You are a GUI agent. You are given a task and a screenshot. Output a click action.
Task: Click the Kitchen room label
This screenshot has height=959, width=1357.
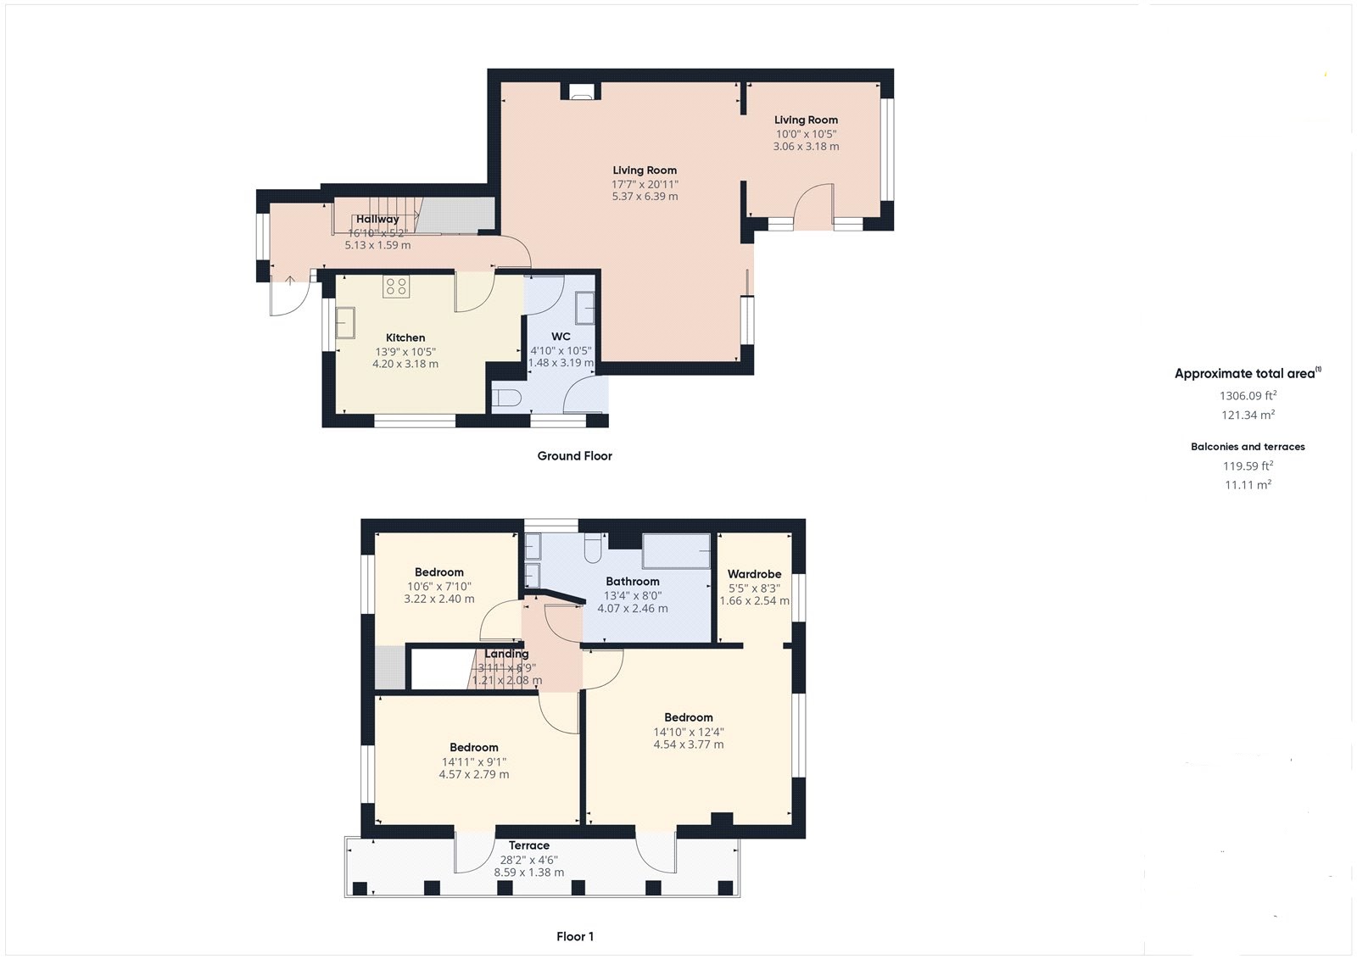[x=405, y=337]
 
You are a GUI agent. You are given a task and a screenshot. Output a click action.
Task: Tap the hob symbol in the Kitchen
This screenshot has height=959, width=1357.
[x=395, y=287]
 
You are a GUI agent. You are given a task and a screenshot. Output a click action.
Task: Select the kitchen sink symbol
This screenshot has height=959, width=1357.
[x=345, y=323]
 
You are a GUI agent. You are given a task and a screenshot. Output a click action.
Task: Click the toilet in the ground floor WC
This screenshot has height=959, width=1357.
[x=506, y=398]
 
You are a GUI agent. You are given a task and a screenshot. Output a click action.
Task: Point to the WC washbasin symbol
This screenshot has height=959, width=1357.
[x=585, y=307]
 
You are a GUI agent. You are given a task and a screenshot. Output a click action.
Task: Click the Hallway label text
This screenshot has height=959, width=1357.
[x=377, y=219]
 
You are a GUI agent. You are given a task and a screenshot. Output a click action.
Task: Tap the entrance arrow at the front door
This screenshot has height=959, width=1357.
[x=290, y=281]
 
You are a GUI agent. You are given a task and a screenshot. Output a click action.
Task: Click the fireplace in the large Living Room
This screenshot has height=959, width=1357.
[x=582, y=93]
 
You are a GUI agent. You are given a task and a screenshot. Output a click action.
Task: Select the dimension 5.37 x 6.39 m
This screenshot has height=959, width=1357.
[x=645, y=197]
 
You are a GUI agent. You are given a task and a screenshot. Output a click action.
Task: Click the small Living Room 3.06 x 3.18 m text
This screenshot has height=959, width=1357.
[x=806, y=147]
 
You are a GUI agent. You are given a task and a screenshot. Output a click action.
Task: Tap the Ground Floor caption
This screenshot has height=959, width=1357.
[x=574, y=456]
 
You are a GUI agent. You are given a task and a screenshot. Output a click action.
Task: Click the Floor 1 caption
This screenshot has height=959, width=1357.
[x=575, y=937]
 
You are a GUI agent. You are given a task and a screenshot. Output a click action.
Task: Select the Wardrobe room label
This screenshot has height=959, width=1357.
[x=754, y=574]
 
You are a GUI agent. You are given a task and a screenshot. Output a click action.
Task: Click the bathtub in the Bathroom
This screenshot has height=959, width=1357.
[x=676, y=551]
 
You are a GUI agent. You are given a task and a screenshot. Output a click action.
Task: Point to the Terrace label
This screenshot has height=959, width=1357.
[x=528, y=845]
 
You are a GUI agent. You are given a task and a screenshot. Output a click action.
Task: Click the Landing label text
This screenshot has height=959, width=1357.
[x=506, y=654]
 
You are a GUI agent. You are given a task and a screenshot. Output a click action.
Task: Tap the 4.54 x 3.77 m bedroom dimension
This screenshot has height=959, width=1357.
[x=688, y=745]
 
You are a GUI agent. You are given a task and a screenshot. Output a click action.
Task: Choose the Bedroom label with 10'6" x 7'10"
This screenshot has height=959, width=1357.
[x=438, y=572]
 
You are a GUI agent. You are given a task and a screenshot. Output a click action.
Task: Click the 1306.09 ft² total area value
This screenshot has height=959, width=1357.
[x=1248, y=396]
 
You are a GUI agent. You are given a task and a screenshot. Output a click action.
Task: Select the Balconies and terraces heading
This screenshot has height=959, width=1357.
[x=1248, y=447]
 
